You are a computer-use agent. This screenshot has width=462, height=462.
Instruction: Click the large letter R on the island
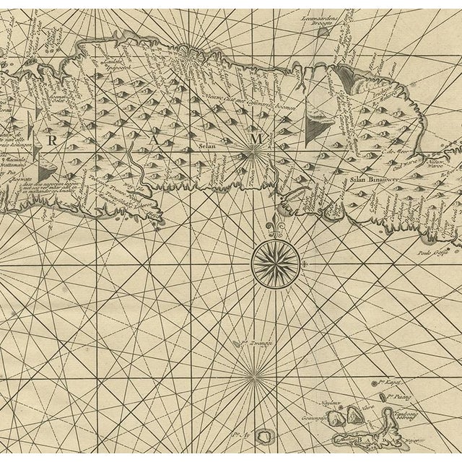pos(50,140)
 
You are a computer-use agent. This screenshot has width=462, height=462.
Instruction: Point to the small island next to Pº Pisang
pos(383,396)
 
